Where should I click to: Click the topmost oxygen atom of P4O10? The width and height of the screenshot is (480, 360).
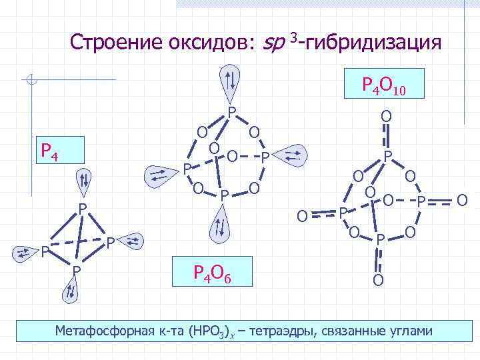coord(386,117)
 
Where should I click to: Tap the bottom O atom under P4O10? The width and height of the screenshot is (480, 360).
coord(378,279)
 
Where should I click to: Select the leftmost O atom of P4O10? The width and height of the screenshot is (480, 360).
coord(302,215)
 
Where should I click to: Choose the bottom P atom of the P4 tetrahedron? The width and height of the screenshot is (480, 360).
coord(77,269)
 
